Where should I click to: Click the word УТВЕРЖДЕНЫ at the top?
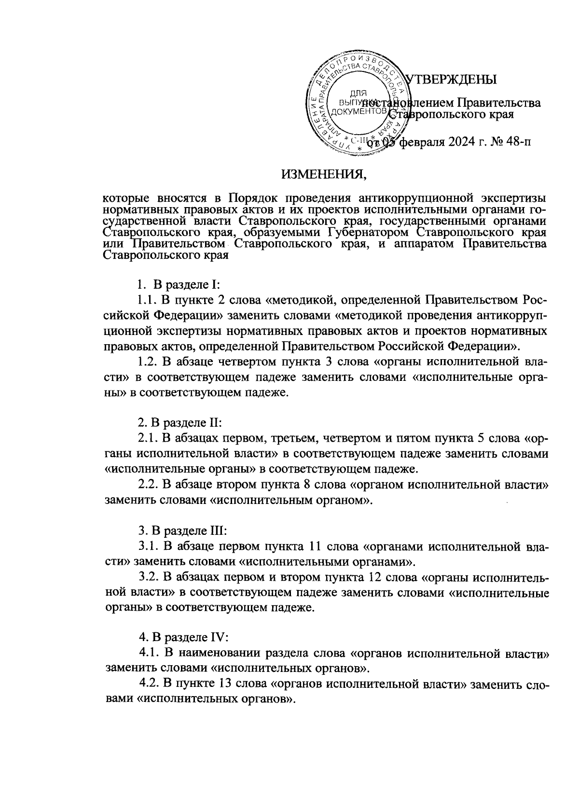[x=452, y=80]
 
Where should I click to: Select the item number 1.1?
[x=147, y=301]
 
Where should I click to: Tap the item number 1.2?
[x=147, y=362]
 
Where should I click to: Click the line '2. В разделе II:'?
[x=179, y=422]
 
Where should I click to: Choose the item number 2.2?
[x=148, y=483]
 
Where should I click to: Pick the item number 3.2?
[x=148, y=576]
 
